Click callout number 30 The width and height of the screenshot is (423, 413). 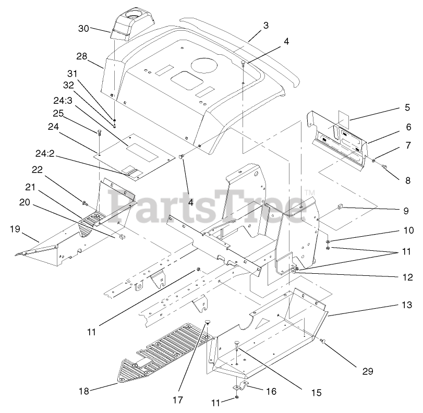[84, 29]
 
